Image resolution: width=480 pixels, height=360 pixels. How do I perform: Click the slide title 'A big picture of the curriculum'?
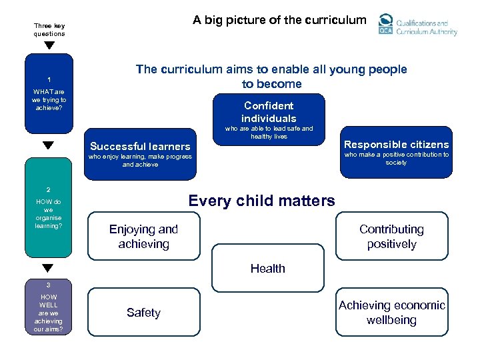(x=279, y=20)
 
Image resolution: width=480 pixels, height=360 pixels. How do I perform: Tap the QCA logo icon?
(x=385, y=24)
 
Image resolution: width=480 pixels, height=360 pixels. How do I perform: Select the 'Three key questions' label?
(x=49, y=30)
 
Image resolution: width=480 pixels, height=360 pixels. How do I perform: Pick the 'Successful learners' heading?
(x=140, y=147)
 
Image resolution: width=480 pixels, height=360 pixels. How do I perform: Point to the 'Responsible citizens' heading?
(x=396, y=145)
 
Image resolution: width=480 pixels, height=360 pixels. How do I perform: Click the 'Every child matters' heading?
(x=261, y=201)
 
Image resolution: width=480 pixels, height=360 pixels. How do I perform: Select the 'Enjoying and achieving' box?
(x=143, y=237)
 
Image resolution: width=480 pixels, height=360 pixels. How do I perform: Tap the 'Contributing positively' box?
(x=391, y=236)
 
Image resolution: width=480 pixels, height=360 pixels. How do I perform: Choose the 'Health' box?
(x=267, y=269)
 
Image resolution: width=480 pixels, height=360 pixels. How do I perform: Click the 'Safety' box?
(x=143, y=313)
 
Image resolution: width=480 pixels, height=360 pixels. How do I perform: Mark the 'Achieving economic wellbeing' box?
(x=391, y=313)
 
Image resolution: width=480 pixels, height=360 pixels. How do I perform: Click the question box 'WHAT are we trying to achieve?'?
(x=49, y=93)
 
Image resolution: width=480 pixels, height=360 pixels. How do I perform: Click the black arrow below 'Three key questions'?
(x=49, y=46)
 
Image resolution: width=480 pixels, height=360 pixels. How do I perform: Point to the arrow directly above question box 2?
(x=48, y=145)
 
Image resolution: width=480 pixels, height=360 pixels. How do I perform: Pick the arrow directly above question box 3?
(x=48, y=268)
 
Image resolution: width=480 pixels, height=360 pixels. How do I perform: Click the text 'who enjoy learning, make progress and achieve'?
(x=140, y=161)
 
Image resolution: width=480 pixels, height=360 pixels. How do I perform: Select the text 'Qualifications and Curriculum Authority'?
(x=427, y=27)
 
